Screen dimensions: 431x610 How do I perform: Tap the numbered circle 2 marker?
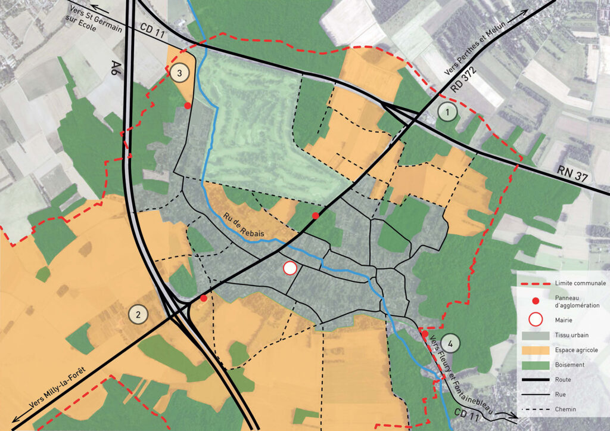click(x=138, y=315)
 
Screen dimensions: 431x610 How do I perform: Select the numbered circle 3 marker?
click(x=179, y=73)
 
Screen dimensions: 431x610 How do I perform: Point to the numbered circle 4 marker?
click(x=451, y=343)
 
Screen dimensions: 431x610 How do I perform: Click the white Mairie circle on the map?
click(x=290, y=268)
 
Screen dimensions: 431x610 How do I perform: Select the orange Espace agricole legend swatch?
click(x=534, y=350)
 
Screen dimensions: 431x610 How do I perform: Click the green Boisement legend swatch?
click(x=534, y=365)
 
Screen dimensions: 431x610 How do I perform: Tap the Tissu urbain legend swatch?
click(x=534, y=336)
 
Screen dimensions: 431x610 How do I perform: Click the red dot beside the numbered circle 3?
click(x=188, y=106)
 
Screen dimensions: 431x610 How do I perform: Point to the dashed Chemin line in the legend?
click(x=534, y=409)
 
